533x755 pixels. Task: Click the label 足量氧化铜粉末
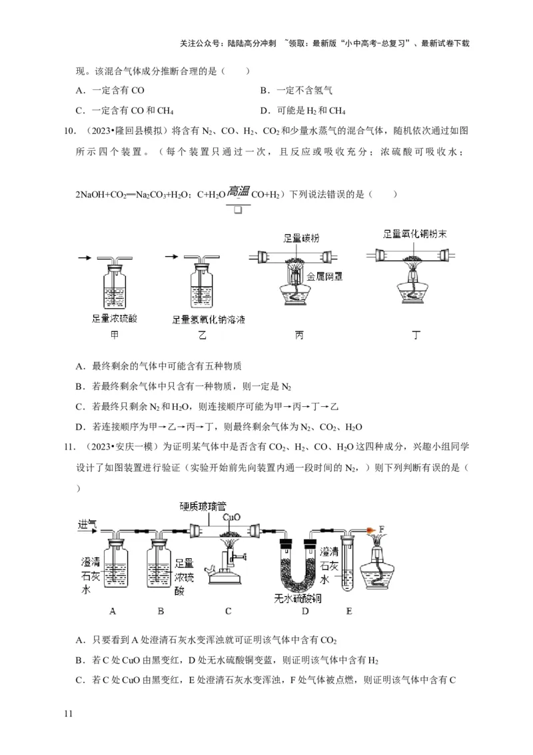(418, 235)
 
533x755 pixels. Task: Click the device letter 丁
(416, 335)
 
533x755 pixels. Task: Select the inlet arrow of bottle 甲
(87, 256)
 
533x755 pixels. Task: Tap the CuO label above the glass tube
(231, 517)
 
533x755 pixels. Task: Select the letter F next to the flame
(382, 528)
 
